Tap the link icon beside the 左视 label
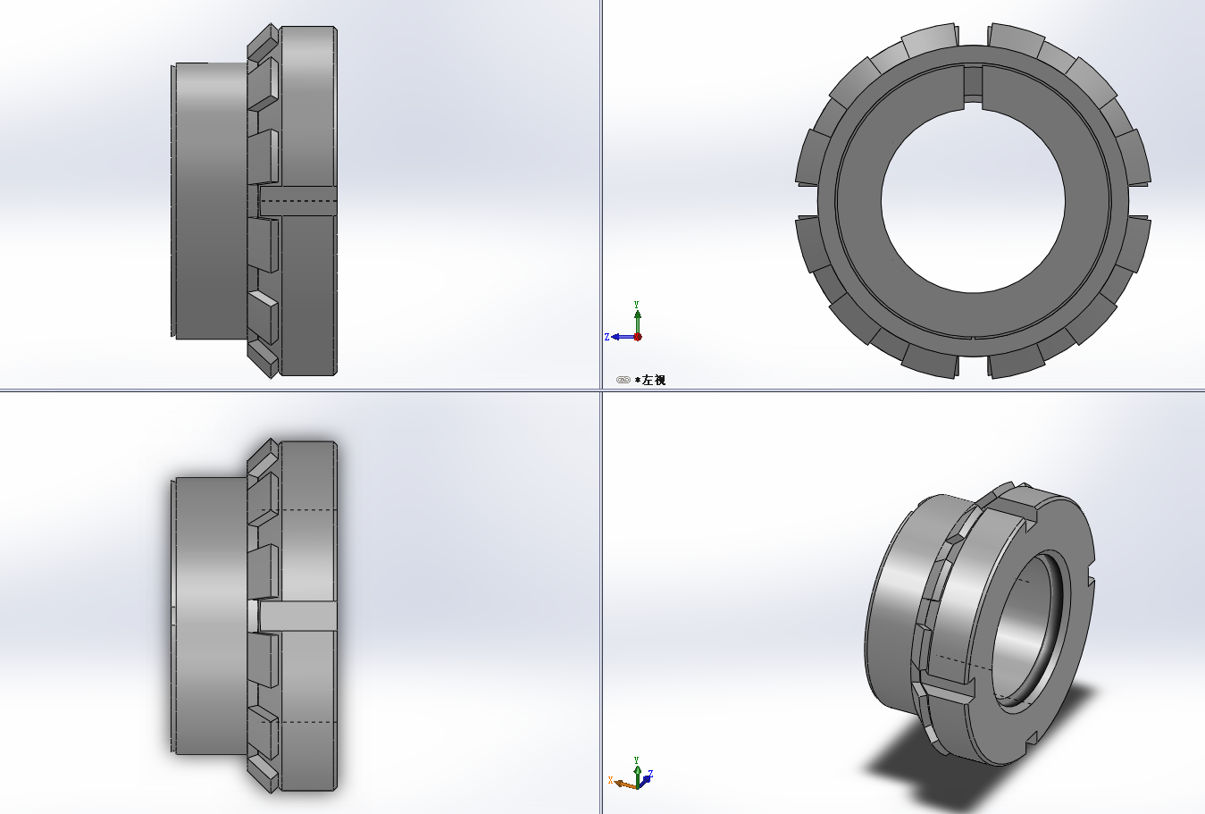pyautogui.click(x=623, y=380)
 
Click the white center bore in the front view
pyautogui.click(x=973, y=201)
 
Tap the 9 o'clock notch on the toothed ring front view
pyautogui.click(x=807, y=201)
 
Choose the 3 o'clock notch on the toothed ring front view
pyautogui.click(x=1139, y=201)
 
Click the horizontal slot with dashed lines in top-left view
pyautogui.click(x=297, y=202)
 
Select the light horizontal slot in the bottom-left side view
pyautogui.click(x=297, y=616)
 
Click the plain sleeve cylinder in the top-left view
pyautogui.click(x=210, y=201)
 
